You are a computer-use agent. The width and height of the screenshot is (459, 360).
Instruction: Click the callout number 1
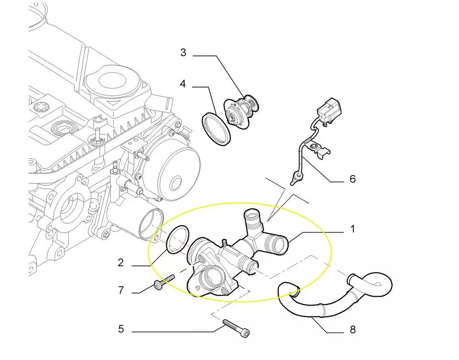pos(353,228)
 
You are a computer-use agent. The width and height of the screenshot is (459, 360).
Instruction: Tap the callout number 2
pos(121,262)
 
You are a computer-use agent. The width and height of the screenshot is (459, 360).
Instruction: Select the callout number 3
pos(183,53)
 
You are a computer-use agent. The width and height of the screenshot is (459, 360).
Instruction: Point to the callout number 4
pos(183,84)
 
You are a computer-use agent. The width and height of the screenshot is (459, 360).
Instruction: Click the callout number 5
pos(121,329)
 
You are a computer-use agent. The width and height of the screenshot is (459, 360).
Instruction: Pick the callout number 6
pos(353,178)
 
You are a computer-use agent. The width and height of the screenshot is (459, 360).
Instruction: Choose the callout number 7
pos(121,290)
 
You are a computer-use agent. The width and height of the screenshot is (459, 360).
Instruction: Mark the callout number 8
pos(353,329)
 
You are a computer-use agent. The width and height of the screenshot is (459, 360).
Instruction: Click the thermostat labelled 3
pos(240,111)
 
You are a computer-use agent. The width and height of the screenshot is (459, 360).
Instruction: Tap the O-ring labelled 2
pos(178,238)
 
